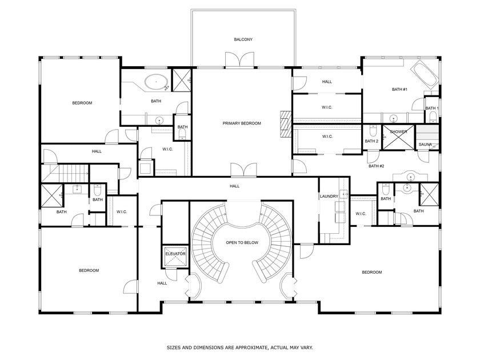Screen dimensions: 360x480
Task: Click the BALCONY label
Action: tap(243, 39)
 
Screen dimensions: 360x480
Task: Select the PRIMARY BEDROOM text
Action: tap(242, 123)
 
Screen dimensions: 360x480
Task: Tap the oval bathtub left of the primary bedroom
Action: tap(155, 82)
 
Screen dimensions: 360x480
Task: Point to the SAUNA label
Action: tap(425, 145)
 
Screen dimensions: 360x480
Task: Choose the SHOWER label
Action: tap(398, 132)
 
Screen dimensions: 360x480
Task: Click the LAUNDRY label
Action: tap(329, 196)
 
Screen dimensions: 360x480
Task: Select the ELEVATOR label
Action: tap(175, 253)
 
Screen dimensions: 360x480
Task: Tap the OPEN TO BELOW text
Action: tap(242, 242)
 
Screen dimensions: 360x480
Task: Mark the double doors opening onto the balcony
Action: tap(239, 60)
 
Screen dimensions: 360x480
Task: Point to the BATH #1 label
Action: tap(399, 89)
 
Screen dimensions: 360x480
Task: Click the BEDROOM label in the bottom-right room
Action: tap(371, 272)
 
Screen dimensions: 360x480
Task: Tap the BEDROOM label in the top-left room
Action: tap(82, 103)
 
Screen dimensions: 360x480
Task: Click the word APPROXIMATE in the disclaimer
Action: tap(253, 347)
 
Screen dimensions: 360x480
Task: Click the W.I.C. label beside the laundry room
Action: tap(361, 214)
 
